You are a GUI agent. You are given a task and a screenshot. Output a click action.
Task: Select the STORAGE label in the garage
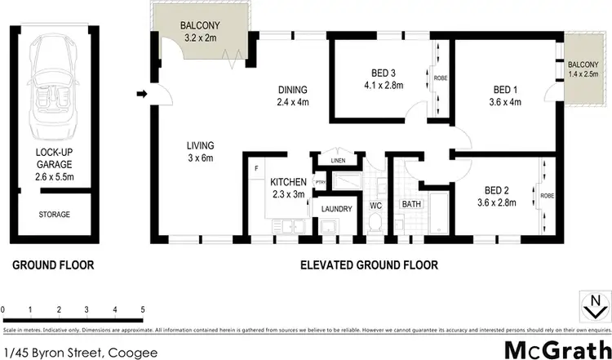[x=54, y=215]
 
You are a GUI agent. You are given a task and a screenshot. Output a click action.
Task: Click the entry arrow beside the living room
[x=141, y=95]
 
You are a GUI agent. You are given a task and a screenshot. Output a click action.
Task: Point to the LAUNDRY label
[x=336, y=209]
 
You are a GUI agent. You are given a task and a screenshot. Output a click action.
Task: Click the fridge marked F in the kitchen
[x=257, y=168]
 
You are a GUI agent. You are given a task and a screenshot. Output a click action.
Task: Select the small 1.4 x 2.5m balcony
[x=583, y=69]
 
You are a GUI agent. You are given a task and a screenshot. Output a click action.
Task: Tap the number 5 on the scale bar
[x=143, y=310]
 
